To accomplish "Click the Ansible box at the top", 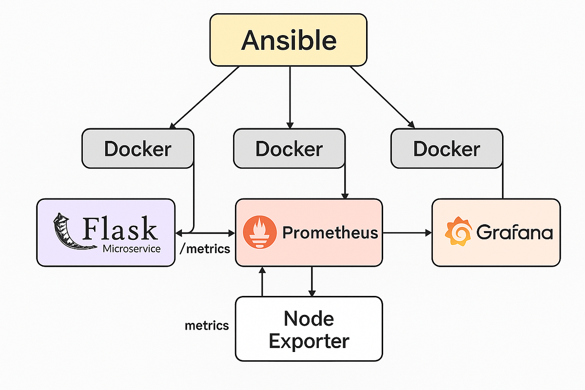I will click(288, 39).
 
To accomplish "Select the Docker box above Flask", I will click(137, 149).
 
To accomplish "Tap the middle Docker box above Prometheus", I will click(289, 149).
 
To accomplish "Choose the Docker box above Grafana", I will click(446, 149).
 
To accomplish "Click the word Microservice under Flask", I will click(132, 249).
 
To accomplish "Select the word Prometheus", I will click(330, 233).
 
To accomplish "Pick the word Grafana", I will click(514, 233).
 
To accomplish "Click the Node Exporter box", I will click(309, 329).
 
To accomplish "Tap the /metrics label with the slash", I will click(205, 249).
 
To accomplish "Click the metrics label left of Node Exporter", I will click(207, 325).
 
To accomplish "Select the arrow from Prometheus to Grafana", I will click(407, 233).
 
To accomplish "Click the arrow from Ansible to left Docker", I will click(205, 97).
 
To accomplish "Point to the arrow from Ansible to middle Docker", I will click(290, 95).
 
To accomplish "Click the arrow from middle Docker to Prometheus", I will click(346, 183).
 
